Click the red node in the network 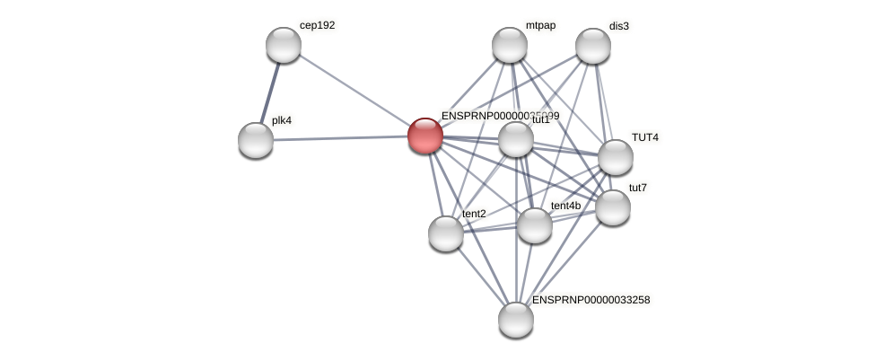[x=425, y=136]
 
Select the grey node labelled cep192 [x=284, y=45]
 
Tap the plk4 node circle [x=256, y=140]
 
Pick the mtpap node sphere [x=510, y=45]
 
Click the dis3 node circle [x=593, y=46]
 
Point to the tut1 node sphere [x=516, y=139]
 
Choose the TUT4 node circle [x=616, y=157]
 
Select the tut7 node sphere [x=613, y=207]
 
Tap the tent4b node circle [x=535, y=225]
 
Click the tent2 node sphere [x=446, y=233]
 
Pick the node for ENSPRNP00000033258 [x=516, y=320]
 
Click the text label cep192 [x=317, y=25]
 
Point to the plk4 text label [x=282, y=120]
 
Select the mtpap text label [x=540, y=25]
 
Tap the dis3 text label [x=619, y=26]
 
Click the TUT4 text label [x=644, y=137]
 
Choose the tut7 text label [x=637, y=188]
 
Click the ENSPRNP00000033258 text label [x=591, y=300]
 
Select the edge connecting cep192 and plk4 [x=269, y=92]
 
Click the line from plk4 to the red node [x=341, y=138]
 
